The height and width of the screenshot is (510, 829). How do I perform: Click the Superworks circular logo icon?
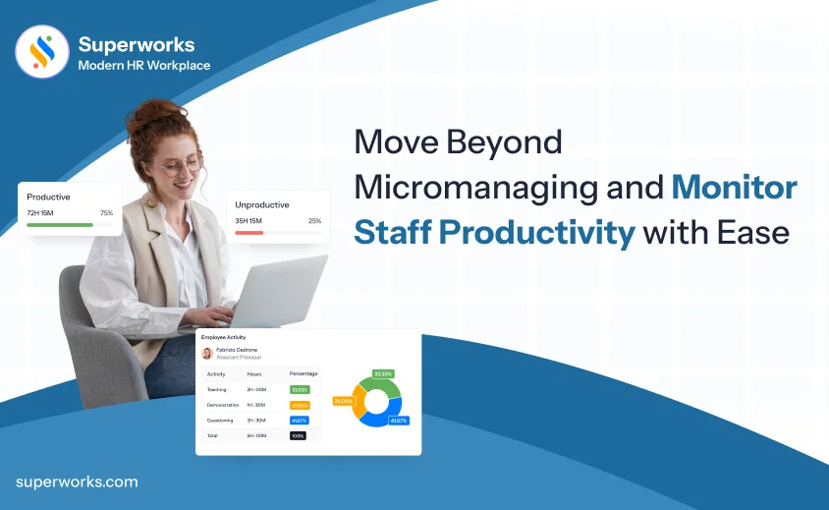pos(42,52)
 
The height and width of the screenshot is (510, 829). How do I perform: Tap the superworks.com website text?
pos(77,482)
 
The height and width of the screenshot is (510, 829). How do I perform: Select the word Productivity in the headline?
pos(536,233)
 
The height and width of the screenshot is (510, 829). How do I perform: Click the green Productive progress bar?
pos(60,225)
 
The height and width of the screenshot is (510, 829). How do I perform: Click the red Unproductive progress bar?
pos(249,233)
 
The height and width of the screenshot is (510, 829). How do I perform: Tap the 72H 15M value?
pos(41,213)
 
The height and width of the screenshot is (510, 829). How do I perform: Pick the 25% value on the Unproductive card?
pos(314,221)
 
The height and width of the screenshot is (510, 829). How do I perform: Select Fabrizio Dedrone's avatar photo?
pos(207,353)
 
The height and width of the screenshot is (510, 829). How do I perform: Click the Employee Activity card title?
pos(223,337)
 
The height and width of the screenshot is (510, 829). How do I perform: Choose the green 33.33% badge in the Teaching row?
pos(300,389)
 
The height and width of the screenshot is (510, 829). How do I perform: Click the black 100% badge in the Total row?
pos(298,435)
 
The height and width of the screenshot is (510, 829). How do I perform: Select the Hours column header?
pos(254,373)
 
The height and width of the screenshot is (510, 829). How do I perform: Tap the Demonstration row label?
pos(223,405)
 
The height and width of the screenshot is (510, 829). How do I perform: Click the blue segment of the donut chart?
pos(379,416)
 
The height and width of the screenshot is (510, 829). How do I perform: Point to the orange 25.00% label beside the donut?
pos(343,401)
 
